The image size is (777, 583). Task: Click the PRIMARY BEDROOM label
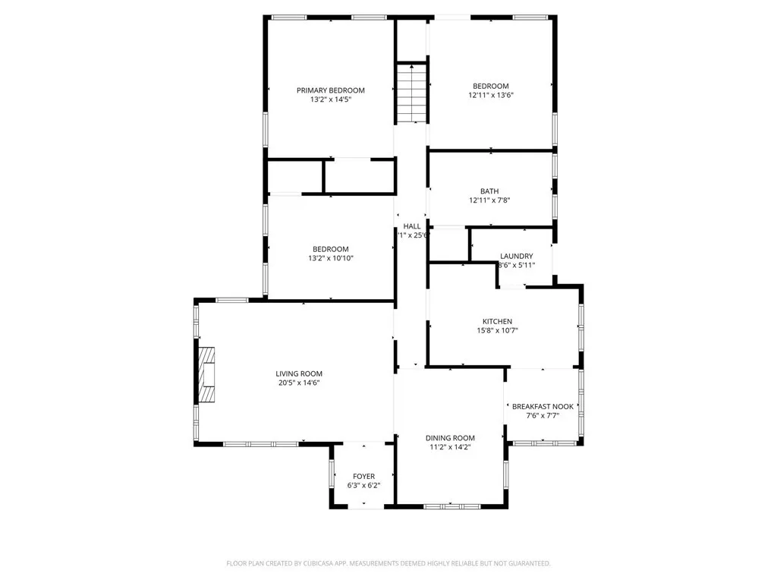point(330,90)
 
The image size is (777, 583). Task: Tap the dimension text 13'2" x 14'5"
point(330,99)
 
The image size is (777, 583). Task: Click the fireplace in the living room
point(206,374)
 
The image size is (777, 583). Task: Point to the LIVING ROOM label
point(299,373)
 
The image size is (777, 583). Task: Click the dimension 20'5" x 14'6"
point(299,383)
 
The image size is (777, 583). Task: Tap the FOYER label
point(363,476)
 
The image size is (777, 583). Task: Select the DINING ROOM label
point(450,438)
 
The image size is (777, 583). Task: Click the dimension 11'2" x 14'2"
point(450,448)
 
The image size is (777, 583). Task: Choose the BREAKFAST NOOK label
point(543,406)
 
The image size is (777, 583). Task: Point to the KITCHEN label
point(497,321)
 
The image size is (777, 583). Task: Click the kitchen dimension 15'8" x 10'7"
point(497,331)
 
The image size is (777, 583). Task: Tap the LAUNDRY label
point(516,256)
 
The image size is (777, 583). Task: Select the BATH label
point(489,191)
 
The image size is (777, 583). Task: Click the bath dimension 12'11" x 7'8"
point(489,201)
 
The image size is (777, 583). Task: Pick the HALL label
point(412,226)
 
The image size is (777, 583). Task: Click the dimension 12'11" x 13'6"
point(491,96)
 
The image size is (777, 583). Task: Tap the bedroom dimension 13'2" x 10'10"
point(331,259)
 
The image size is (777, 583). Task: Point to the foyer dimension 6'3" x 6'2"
point(363,486)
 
